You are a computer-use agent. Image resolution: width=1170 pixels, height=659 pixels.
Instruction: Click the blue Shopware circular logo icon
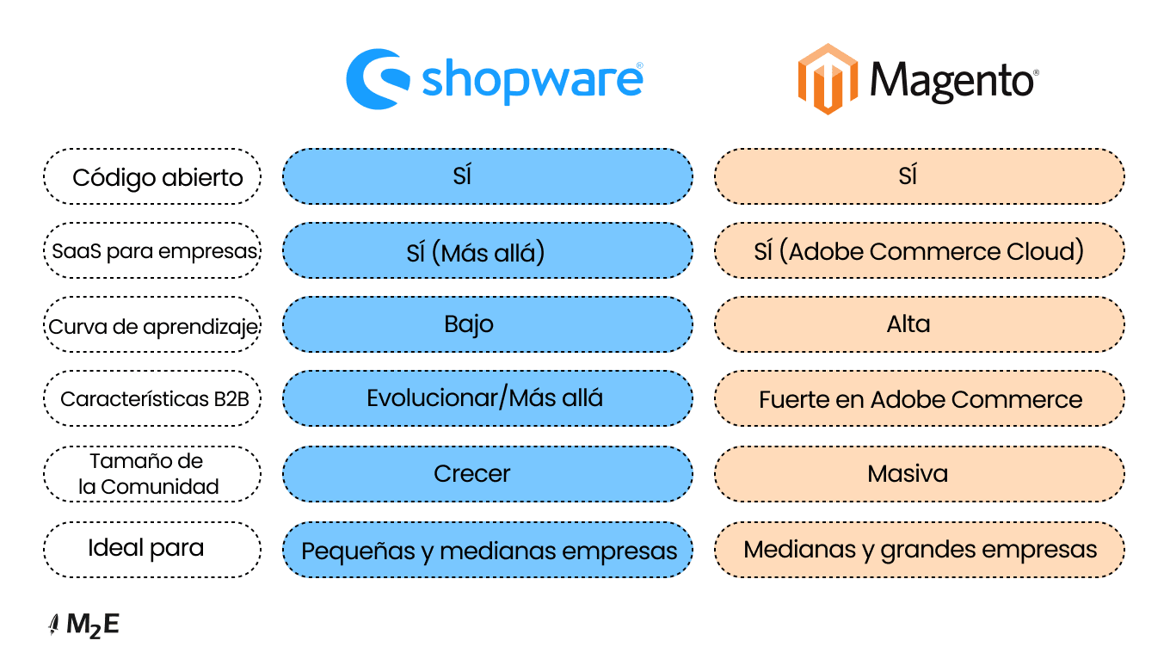pos(377,79)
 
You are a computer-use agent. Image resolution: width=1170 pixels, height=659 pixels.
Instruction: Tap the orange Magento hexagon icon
pos(828,79)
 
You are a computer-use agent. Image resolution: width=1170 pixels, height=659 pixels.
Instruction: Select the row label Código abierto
pos(152,176)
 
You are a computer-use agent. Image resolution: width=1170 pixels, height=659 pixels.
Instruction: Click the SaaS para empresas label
pos(152,250)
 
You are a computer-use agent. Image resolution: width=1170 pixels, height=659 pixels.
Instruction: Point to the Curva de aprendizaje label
pos(152,324)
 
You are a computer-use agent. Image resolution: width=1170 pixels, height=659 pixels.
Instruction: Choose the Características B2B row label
pos(152,398)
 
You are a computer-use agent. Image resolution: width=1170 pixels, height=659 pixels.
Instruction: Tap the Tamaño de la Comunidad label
pos(152,474)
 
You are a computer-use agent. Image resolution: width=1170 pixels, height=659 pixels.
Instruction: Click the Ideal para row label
pos(152,550)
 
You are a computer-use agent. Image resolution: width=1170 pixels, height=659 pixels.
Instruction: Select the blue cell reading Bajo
pos(488,324)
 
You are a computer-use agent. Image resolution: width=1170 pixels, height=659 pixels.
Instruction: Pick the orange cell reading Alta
pos(920,324)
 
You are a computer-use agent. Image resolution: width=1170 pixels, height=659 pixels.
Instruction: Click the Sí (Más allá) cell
pos(488,250)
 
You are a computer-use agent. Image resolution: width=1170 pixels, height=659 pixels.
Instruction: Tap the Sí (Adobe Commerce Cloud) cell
pos(920,250)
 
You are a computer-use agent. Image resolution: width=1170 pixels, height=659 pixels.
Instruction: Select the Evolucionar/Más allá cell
pos(488,398)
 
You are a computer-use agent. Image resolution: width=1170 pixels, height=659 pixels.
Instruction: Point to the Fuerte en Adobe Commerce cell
pos(920,398)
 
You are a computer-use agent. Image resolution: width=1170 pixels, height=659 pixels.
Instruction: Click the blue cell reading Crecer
pos(488,474)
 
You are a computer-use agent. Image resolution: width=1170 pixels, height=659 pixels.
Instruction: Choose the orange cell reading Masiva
pos(920,474)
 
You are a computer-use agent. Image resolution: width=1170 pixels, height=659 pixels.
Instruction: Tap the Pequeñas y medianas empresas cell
pos(488,550)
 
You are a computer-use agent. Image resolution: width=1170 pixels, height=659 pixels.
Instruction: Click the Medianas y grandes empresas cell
pos(920,550)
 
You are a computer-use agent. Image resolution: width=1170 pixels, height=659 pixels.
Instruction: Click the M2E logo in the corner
pos(83,625)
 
